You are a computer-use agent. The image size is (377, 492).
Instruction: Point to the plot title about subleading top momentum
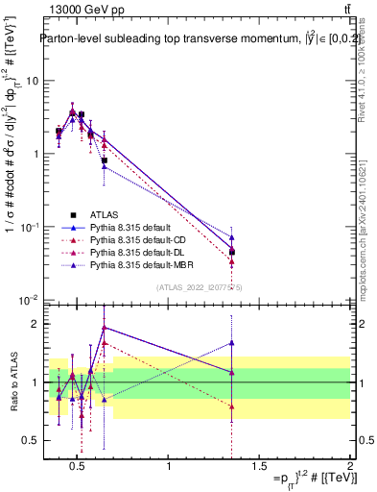(188, 39)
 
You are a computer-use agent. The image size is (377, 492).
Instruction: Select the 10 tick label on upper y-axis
(31, 81)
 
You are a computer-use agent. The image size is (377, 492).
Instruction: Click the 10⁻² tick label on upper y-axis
(28, 300)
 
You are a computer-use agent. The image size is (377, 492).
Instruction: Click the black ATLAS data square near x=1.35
(231, 252)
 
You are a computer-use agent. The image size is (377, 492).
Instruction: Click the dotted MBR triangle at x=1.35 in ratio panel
(231, 342)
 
